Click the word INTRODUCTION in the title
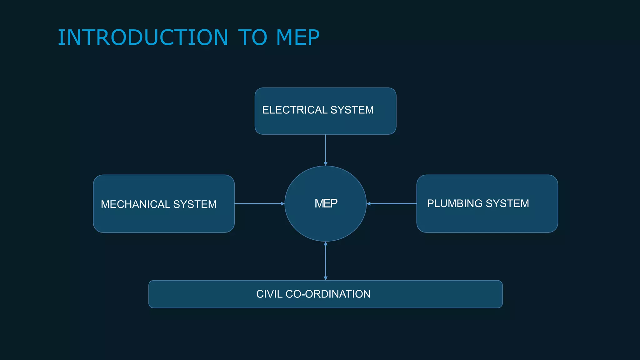tap(143, 37)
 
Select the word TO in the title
tap(252, 37)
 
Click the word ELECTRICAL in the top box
tap(294, 110)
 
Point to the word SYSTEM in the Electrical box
tap(352, 110)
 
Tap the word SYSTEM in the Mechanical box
tap(195, 204)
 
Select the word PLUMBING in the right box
tap(454, 203)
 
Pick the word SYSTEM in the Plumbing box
tap(507, 203)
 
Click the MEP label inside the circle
tap(326, 203)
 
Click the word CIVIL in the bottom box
tap(269, 294)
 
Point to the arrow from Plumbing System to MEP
tap(392, 204)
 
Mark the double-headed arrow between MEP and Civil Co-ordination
tap(326, 261)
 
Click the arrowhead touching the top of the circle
tap(326, 164)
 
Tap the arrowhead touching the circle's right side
tap(369, 204)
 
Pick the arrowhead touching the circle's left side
tap(282, 204)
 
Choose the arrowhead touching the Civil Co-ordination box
tap(326, 278)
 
